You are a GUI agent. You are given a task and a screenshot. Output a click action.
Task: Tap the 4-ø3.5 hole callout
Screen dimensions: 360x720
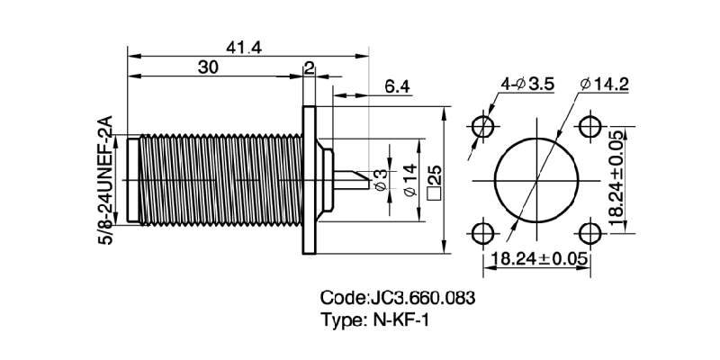[526, 85]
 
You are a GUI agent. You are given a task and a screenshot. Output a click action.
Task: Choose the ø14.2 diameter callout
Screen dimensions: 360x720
[605, 85]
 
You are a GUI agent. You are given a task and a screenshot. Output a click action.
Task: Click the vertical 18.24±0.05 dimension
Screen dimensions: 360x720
[616, 180]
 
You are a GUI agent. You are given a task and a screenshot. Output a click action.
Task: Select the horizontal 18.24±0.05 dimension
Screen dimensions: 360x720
[536, 258]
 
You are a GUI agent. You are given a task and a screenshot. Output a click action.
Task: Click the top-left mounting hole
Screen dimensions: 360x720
[484, 125]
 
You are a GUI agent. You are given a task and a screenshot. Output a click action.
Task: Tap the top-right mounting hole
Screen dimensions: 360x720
[590, 125]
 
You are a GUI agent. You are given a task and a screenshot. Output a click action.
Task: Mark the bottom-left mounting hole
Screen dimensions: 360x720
[484, 232]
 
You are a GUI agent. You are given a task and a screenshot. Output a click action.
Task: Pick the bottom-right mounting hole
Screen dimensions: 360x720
[590, 232]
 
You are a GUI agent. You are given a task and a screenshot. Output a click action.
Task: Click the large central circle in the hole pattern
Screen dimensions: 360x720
[536, 179]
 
